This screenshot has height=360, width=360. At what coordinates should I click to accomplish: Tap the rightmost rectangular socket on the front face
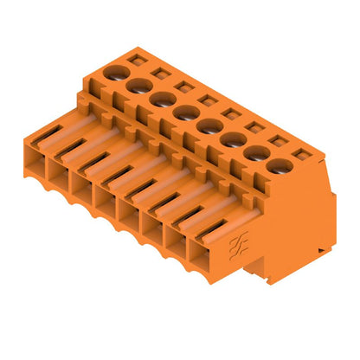pos(202,252)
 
